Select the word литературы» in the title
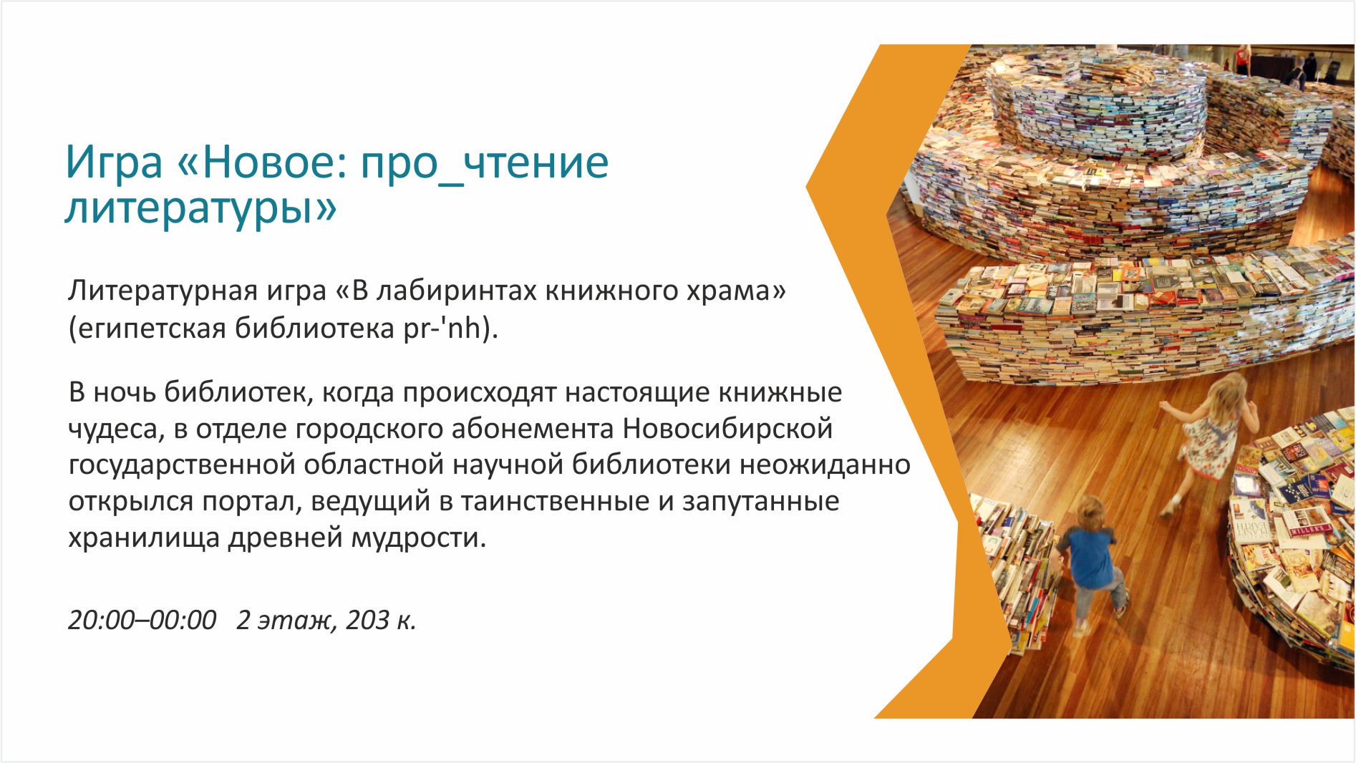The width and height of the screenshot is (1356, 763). pyautogui.click(x=200, y=208)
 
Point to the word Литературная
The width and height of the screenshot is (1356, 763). pyautogui.click(x=162, y=291)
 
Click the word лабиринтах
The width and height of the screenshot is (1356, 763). pyautogui.click(x=459, y=291)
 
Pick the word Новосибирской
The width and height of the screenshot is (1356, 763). pyautogui.click(x=728, y=429)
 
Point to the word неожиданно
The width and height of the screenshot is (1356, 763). pyautogui.click(x=825, y=465)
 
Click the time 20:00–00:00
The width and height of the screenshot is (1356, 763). pyautogui.click(x=142, y=620)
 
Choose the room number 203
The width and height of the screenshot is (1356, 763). pyautogui.click(x=367, y=620)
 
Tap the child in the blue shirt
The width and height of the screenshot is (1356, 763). pyautogui.click(x=1090, y=562)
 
